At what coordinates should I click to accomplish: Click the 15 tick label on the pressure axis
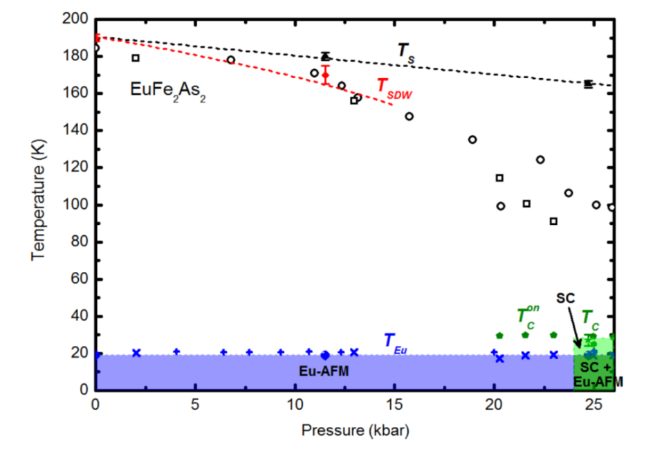point(394,404)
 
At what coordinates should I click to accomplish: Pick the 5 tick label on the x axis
point(195,404)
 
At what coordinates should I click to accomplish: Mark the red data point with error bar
point(326,75)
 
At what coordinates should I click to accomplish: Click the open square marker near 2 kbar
point(136,58)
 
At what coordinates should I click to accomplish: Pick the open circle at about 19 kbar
point(472,140)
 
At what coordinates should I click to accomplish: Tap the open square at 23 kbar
point(553,221)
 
